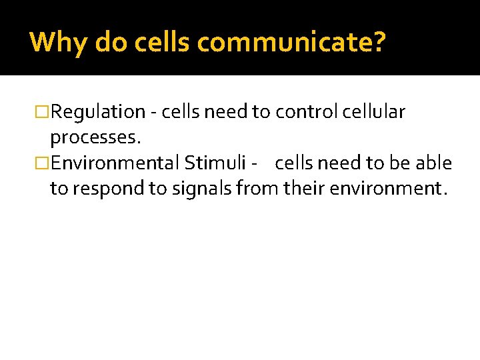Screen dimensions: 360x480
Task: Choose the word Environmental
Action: point(115,163)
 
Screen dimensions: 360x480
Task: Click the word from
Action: point(257,189)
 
